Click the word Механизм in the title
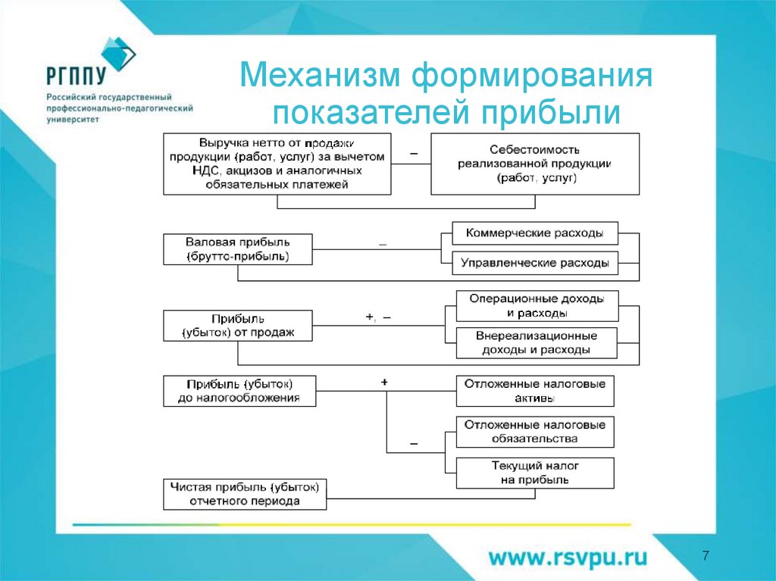coord(321,77)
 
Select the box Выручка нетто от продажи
coord(277,164)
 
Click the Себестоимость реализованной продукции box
coord(535,164)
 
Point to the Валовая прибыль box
coord(238,249)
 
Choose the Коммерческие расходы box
coord(535,233)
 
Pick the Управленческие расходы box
coord(535,264)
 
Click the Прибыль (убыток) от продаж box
coord(238,326)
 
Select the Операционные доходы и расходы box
coord(537,305)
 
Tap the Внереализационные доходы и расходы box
coord(537,343)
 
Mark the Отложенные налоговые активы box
coord(535,391)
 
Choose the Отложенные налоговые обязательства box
coord(535,432)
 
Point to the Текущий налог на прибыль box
coord(535,473)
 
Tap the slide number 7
coord(706,557)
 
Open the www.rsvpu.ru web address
coord(568,558)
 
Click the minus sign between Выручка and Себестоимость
coord(414,153)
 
